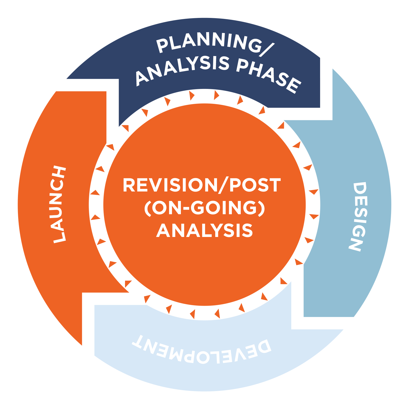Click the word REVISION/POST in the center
point(202,185)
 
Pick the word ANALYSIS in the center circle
point(205,230)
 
